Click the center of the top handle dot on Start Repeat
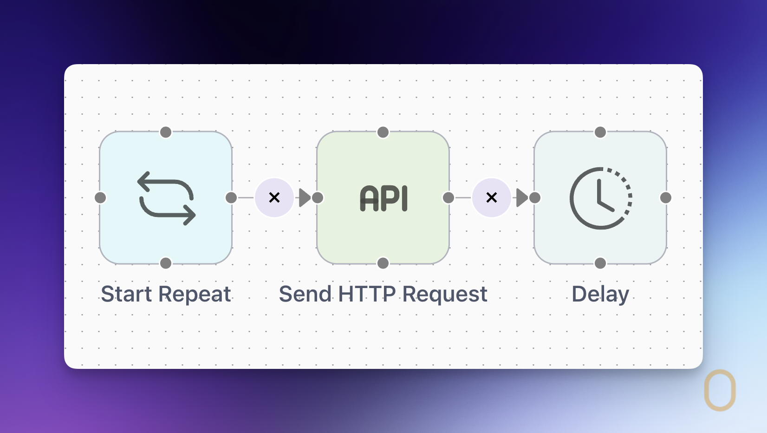(x=166, y=132)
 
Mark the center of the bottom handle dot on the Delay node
(x=600, y=263)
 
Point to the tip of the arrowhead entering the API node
(x=311, y=197)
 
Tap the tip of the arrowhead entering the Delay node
(x=528, y=197)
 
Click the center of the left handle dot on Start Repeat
(x=100, y=197)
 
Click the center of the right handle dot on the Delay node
(x=666, y=197)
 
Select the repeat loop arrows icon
(x=166, y=198)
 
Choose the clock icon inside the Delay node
(x=601, y=198)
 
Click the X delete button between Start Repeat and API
(x=274, y=197)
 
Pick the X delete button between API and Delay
(x=491, y=197)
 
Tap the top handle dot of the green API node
(x=383, y=132)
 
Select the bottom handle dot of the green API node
(x=383, y=263)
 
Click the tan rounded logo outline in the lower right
(x=720, y=390)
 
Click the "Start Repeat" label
(x=166, y=294)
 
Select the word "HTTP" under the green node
(x=367, y=294)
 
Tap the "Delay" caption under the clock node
(x=600, y=295)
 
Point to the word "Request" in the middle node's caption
(x=444, y=295)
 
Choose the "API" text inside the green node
(x=383, y=199)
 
